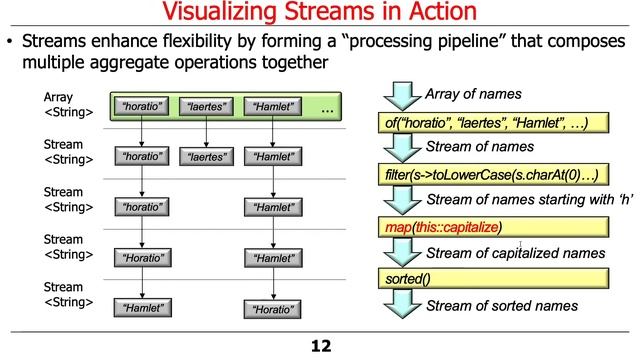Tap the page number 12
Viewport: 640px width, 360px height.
(319, 346)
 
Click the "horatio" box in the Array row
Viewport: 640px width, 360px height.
(142, 105)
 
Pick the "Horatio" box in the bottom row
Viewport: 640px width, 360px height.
(273, 309)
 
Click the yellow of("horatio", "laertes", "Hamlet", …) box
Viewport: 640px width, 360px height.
(492, 123)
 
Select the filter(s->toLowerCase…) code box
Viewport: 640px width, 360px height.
(492, 176)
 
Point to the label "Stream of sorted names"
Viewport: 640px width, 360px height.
(502, 305)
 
